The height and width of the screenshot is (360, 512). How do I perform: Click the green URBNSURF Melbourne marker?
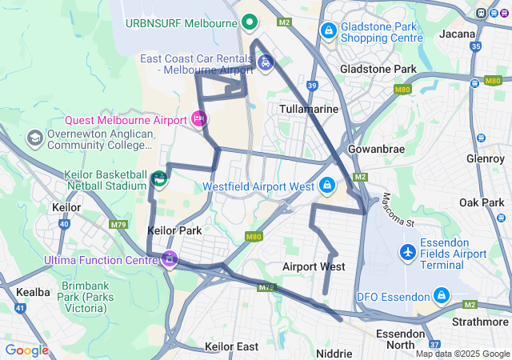[249, 22]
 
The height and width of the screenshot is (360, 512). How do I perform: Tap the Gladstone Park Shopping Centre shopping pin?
[327, 30]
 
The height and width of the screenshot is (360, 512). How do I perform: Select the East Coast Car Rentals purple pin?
[266, 62]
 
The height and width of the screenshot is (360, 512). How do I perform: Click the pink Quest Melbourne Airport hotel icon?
[199, 119]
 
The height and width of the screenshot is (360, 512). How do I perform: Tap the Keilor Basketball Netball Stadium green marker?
[158, 178]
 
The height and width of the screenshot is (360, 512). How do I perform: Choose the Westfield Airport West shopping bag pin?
[326, 186]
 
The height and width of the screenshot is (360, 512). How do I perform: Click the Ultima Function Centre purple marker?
[169, 259]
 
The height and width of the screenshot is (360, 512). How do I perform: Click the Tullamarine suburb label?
[309, 108]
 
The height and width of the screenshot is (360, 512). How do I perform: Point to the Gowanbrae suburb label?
[376, 149]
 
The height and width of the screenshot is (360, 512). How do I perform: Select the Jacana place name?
[458, 34]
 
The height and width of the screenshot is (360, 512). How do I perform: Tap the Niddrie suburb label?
[334, 353]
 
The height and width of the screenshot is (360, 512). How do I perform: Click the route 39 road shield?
[312, 85]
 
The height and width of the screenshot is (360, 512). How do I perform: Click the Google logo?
[26, 350]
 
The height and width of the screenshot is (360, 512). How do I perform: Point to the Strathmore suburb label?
[477, 322]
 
